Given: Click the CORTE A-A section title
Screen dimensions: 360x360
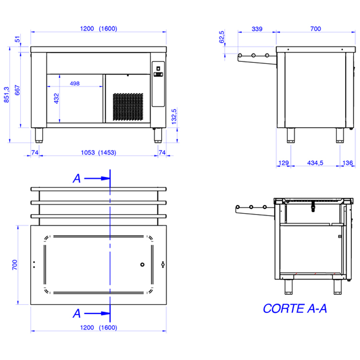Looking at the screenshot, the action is click(x=295, y=308).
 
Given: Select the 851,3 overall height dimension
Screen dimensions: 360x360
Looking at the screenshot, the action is click(x=6, y=95).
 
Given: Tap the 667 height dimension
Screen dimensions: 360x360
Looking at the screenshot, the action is click(x=17, y=90).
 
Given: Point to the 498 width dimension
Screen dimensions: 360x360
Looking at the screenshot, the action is click(x=74, y=84).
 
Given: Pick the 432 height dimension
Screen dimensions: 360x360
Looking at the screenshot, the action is click(x=56, y=98).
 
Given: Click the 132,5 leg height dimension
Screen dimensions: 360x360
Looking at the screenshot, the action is click(x=174, y=117).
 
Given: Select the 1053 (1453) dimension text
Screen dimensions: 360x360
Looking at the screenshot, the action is click(x=98, y=153).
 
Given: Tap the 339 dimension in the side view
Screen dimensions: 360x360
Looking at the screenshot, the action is click(x=257, y=29).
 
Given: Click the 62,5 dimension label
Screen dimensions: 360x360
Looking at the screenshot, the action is click(x=222, y=37).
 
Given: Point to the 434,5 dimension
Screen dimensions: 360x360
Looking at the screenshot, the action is click(x=315, y=163).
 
